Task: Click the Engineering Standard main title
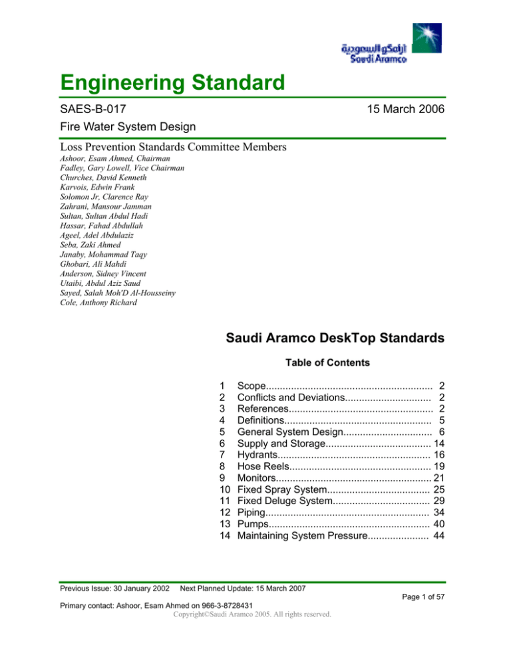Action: click(x=172, y=85)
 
